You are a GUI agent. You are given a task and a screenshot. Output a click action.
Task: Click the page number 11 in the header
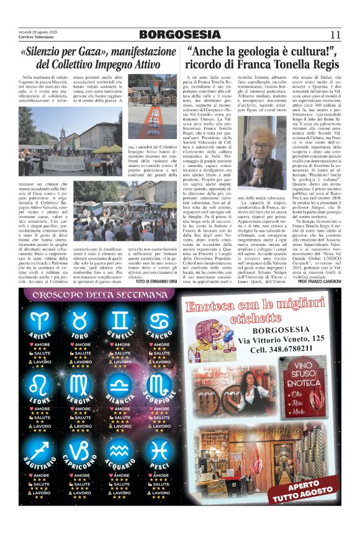click(x=335, y=34)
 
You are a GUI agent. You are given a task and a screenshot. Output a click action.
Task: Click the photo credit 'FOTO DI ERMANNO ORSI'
click(x=148, y=280)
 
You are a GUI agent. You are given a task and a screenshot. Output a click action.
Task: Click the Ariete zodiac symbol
click(x=41, y=321)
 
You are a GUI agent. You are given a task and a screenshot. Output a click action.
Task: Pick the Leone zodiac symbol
click(x=41, y=385)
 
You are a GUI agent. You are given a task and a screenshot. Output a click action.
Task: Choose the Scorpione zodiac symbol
click(x=161, y=385)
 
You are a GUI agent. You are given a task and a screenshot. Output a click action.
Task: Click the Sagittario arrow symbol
click(x=41, y=449)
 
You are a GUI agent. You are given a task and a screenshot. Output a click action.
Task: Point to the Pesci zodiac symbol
click(x=161, y=449)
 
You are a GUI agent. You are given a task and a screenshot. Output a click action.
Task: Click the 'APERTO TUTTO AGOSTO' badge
click(x=311, y=486)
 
